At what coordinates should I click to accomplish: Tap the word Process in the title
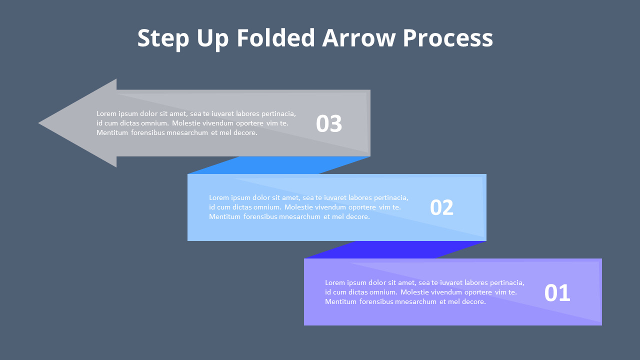pyautogui.click(x=447, y=38)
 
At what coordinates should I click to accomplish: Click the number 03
pyautogui.click(x=329, y=124)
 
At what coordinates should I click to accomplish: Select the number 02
pyautogui.click(x=441, y=208)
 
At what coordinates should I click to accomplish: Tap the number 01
pyautogui.click(x=557, y=293)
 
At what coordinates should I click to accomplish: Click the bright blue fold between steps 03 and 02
pyautogui.click(x=280, y=165)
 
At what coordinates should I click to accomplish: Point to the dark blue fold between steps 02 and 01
pyautogui.click(x=395, y=250)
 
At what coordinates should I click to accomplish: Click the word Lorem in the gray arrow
pyautogui.click(x=106, y=113)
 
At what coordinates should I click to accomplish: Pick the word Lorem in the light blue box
pyautogui.click(x=219, y=197)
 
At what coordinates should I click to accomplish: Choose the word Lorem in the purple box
pyautogui.click(x=335, y=282)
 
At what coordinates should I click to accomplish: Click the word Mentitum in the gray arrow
pyautogui.click(x=112, y=133)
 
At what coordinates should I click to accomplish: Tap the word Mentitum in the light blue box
pyautogui.click(x=224, y=217)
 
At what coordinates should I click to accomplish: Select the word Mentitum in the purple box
pyautogui.click(x=340, y=301)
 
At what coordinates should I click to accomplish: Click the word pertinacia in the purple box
pyautogui.click(x=506, y=283)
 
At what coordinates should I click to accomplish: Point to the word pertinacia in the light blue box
pyautogui.click(x=390, y=198)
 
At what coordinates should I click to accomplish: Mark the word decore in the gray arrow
pyautogui.click(x=245, y=133)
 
